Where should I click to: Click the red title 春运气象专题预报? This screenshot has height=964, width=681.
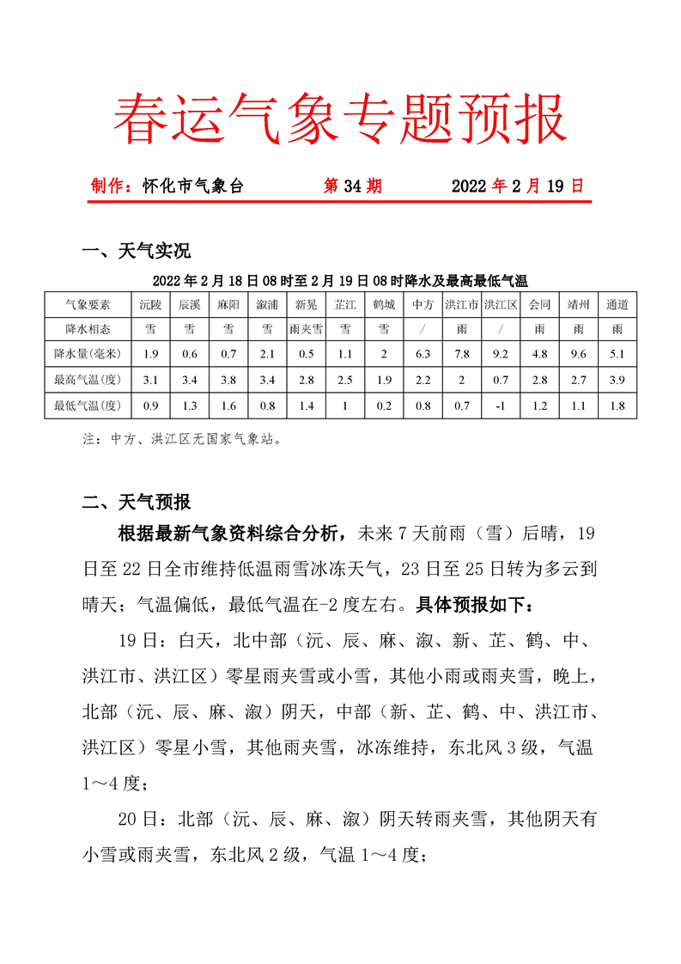click(339, 119)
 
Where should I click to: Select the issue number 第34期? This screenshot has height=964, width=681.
click(352, 186)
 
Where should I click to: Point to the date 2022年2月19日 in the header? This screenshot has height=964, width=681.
click(517, 186)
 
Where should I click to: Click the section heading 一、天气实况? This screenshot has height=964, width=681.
click(135, 251)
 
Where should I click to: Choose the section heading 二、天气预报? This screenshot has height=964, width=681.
click(135, 503)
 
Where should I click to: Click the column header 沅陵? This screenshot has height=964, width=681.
click(150, 304)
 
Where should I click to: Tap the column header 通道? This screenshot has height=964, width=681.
click(617, 304)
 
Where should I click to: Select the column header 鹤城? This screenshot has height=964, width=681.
click(384, 304)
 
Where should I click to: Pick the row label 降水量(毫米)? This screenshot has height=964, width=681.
click(88, 354)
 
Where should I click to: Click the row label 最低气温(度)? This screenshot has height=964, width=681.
click(88, 405)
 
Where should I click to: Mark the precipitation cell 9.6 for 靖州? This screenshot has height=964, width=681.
click(578, 354)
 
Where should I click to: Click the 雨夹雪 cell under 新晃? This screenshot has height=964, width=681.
click(306, 329)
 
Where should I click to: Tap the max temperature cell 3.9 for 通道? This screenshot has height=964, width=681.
click(617, 379)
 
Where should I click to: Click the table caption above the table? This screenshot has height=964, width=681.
click(339, 280)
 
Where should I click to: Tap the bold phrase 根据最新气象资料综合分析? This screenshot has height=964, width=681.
click(234, 534)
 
